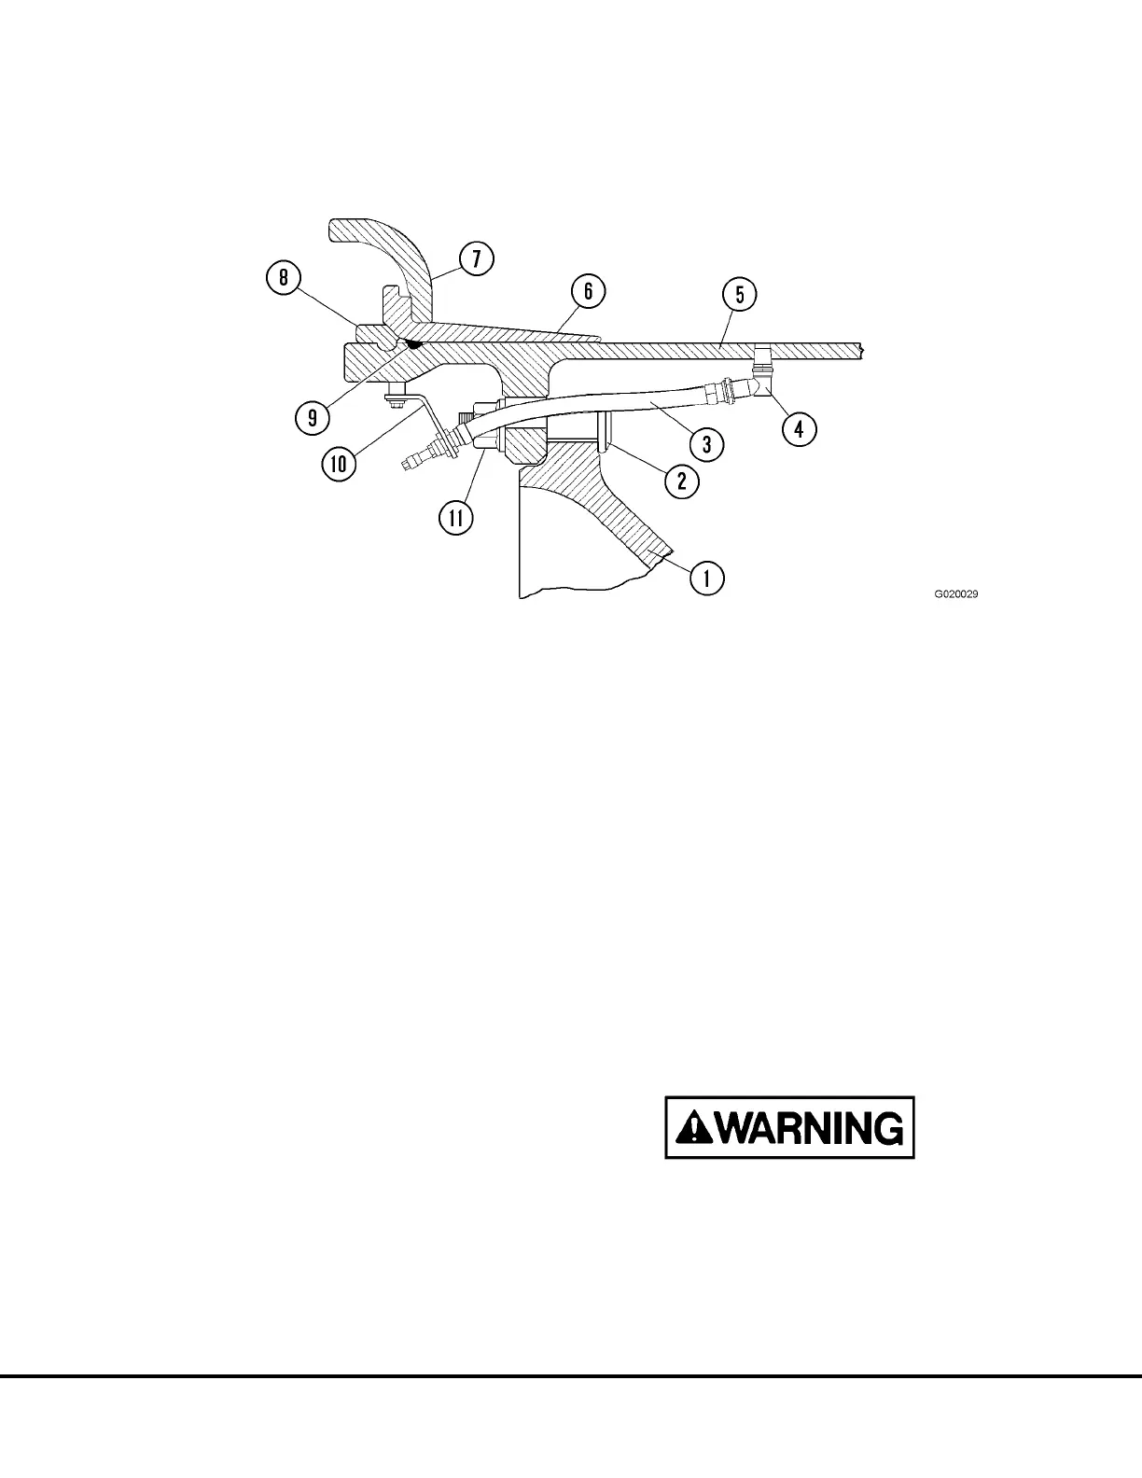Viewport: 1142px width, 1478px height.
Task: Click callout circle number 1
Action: tap(706, 578)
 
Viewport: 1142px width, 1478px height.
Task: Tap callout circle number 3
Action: tap(706, 444)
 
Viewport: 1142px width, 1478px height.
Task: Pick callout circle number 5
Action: tap(739, 295)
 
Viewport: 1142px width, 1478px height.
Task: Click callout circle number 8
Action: tap(284, 278)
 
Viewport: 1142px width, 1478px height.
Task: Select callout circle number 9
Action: tap(313, 417)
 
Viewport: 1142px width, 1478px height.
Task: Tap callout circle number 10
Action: tap(340, 463)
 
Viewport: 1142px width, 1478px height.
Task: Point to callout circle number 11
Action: tap(456, 518)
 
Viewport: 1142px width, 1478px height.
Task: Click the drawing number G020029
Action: tap(956, 593)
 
